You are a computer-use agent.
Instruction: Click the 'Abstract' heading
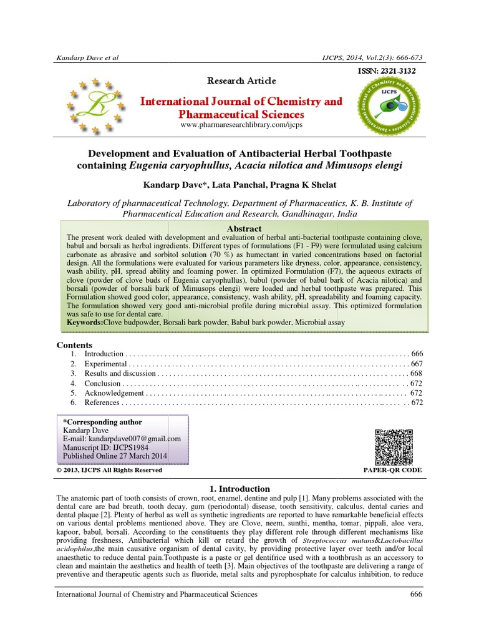[x=244, y=229]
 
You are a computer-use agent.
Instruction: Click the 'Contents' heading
[x=75, y=345]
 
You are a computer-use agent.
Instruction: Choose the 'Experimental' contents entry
[x=106, y=363]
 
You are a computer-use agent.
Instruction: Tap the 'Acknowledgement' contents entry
[x=114, y=393]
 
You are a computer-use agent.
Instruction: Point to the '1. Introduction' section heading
[x=239, y=489]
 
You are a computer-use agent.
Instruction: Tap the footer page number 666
[x=416, y=595]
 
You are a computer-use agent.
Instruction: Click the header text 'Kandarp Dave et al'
[x=87, y=57]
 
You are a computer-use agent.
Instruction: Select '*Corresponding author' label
[x=103, y=422]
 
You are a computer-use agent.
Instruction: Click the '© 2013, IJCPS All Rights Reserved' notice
[x=110, y=470]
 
